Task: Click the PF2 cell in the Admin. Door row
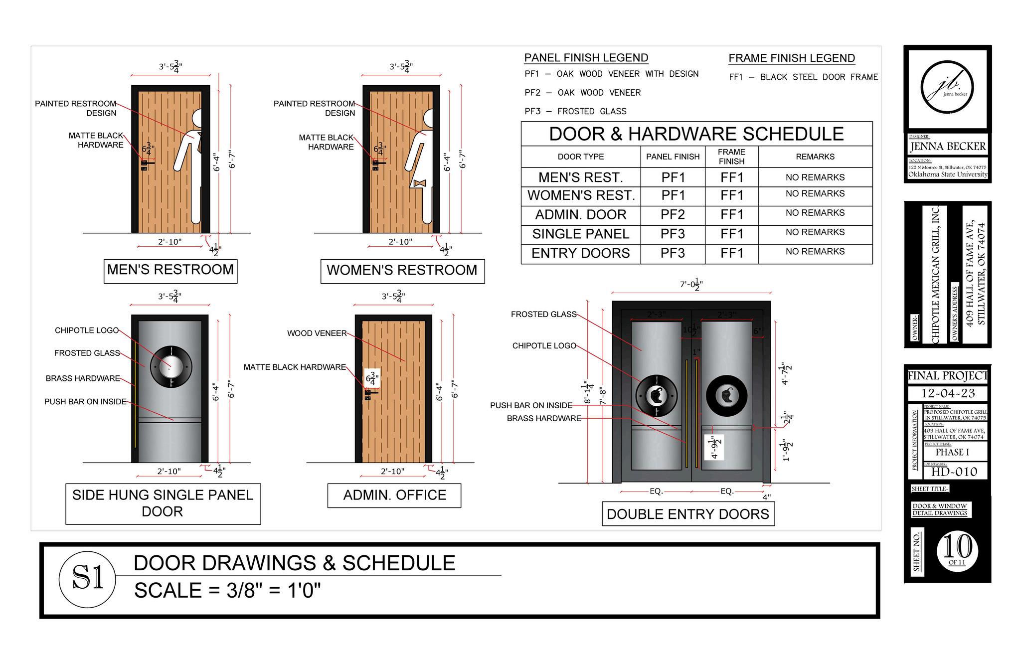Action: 673,215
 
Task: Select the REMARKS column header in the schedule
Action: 815,157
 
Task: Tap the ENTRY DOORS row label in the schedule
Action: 580,253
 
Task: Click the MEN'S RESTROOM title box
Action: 170,270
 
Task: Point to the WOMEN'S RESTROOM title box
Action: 402,271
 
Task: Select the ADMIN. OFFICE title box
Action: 394,495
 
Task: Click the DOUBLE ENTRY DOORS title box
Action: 687,514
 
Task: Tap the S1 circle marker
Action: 88,579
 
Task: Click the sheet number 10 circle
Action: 957,550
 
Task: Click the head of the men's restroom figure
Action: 200,119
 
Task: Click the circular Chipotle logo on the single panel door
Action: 170,366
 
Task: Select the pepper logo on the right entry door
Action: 726,395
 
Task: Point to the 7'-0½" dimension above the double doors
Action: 692,285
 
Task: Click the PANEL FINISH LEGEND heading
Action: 586,58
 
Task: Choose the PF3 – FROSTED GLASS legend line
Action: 575,111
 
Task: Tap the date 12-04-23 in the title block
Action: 947,393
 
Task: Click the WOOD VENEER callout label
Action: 317,333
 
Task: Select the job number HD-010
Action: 954,472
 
